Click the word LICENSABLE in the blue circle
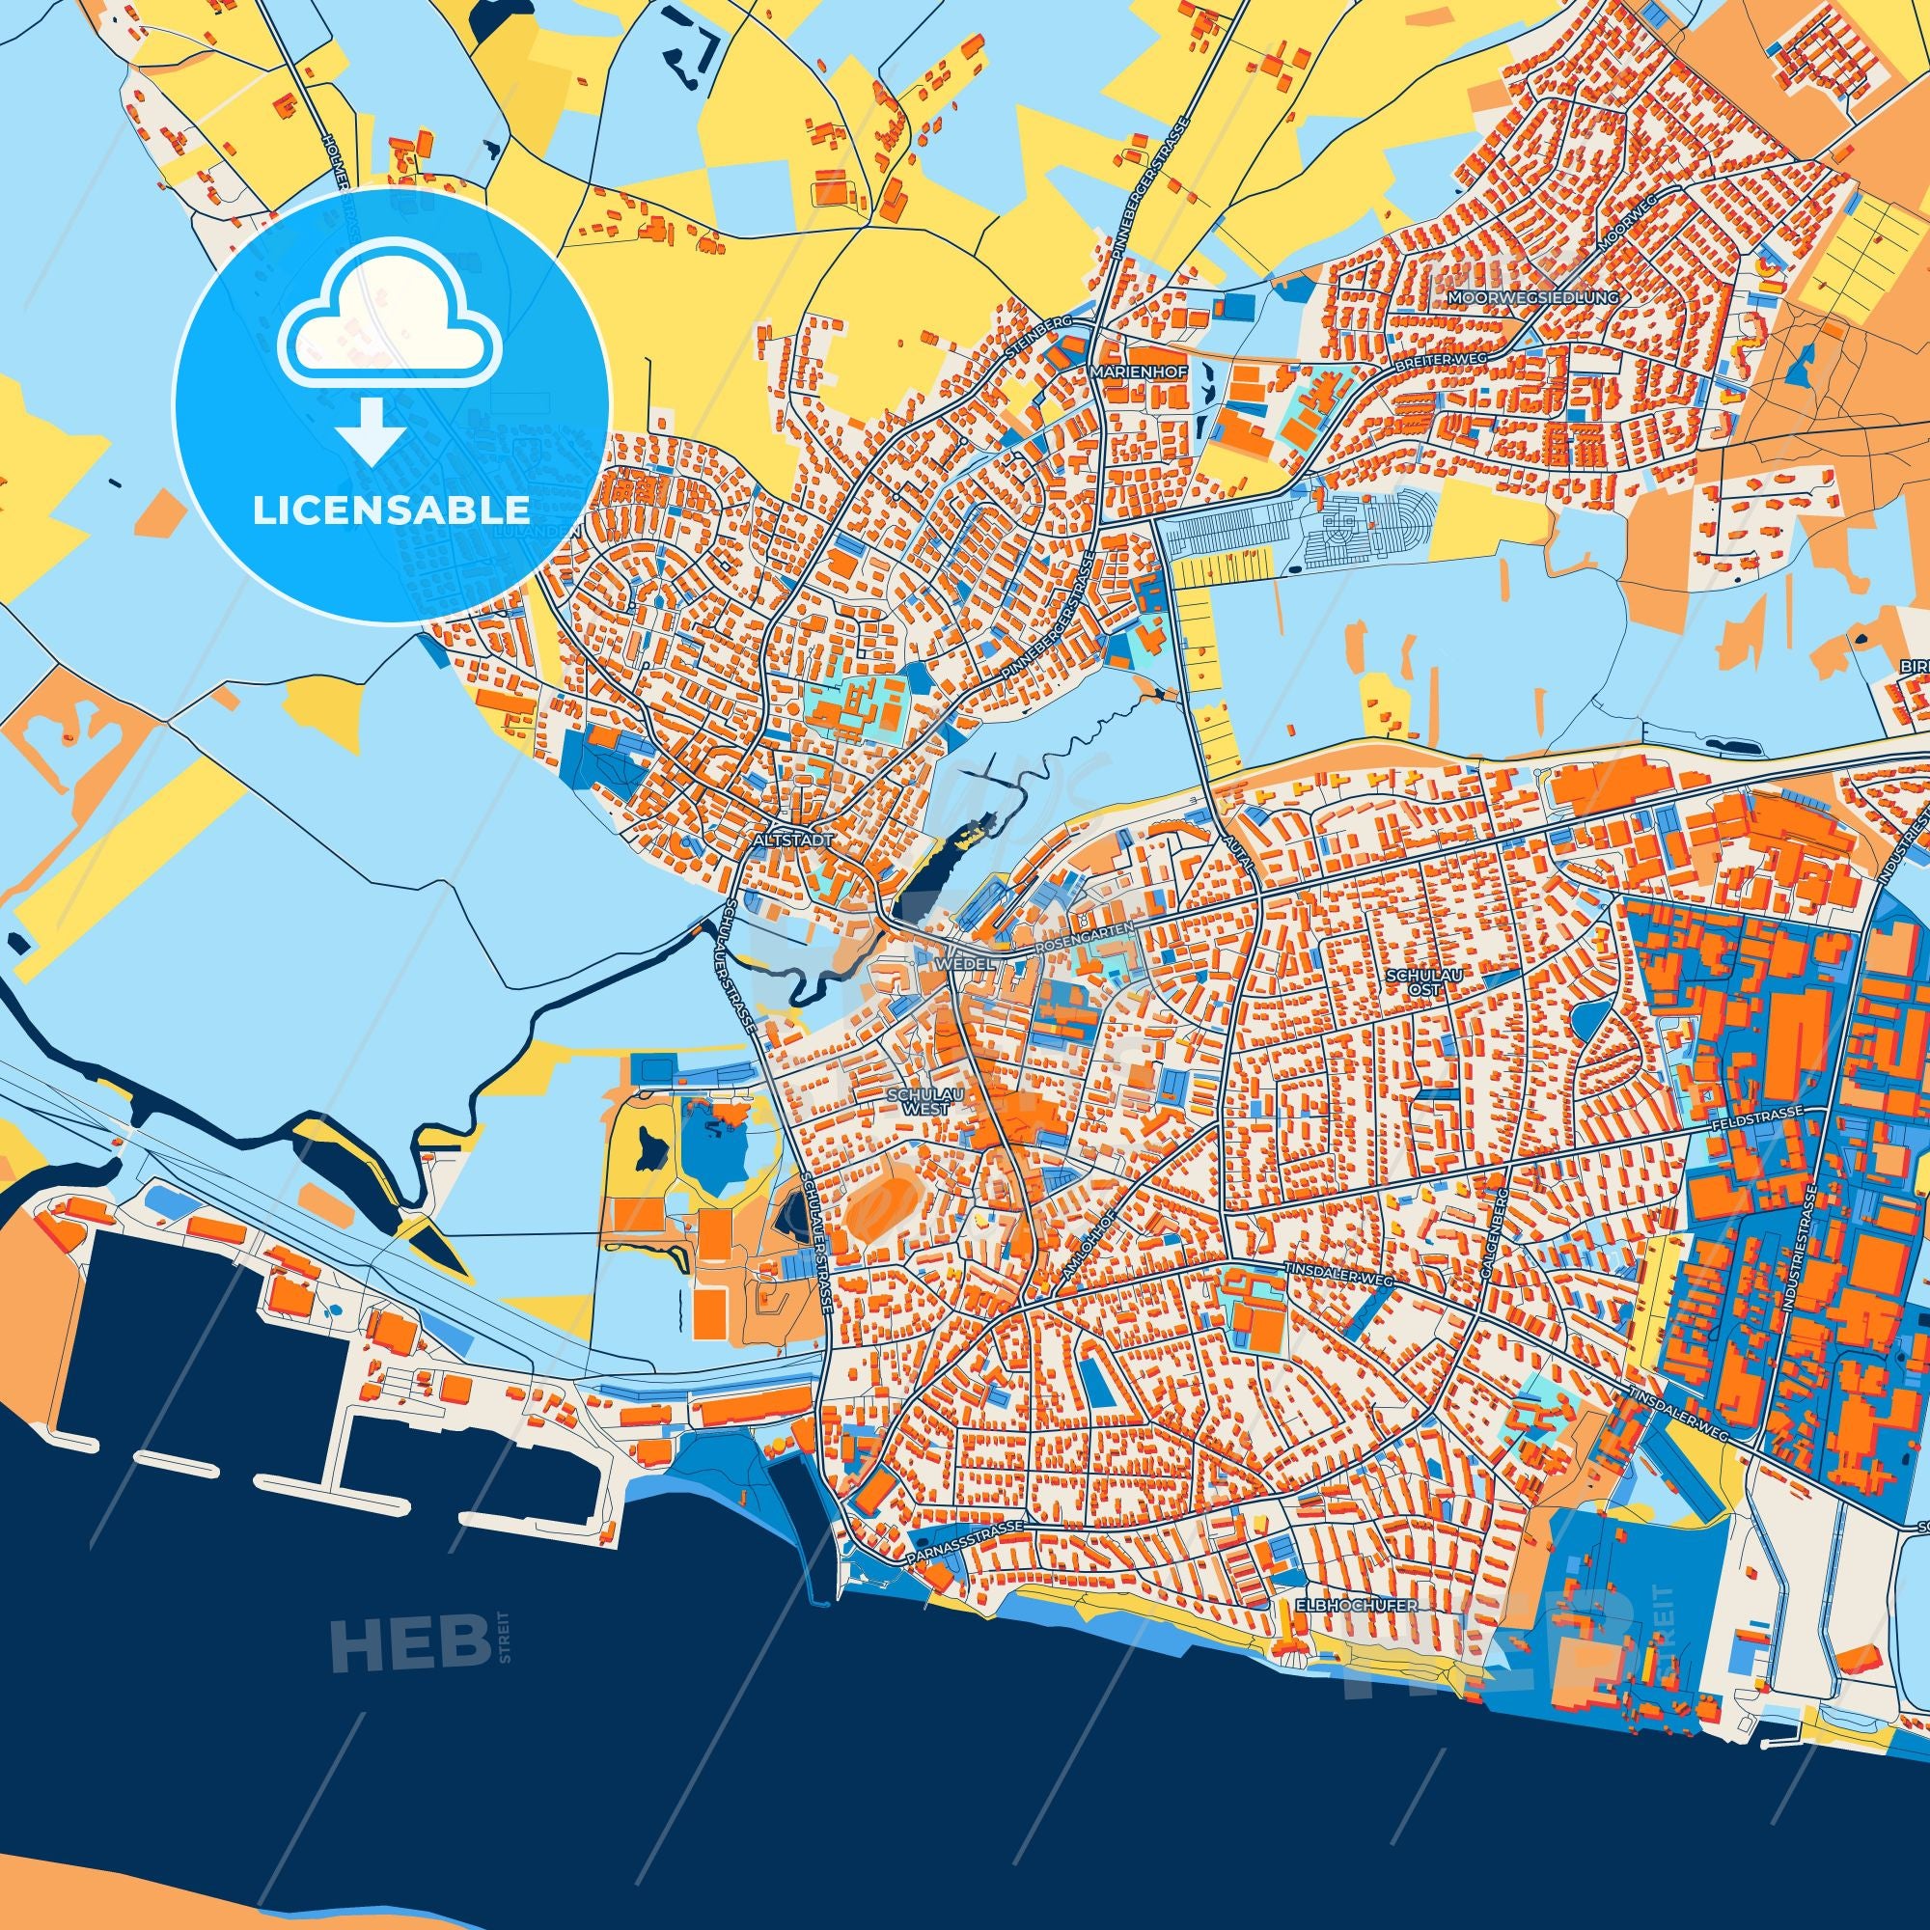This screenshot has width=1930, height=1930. pyautogui.click(x=391, y=510)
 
